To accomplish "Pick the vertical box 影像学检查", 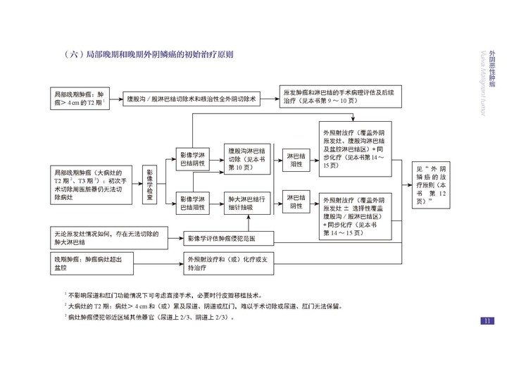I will [x=149, y=184].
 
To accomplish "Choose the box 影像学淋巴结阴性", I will [x=194, y=160].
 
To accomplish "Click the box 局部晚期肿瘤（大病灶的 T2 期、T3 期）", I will [x=91, y=184].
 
